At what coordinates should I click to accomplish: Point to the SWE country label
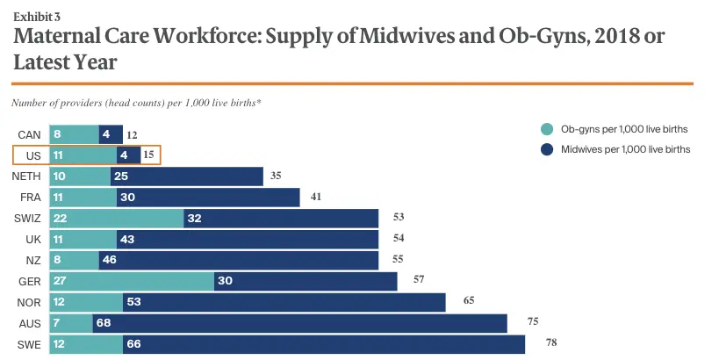(29, 344)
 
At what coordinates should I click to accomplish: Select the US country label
(33, 155)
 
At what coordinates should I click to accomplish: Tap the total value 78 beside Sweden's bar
(551, 342)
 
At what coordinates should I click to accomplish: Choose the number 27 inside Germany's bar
(62, 281)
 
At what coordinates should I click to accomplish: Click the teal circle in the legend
(546, 129)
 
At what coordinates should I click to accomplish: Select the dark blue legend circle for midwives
(546, 149)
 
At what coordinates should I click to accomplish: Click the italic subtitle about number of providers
(136, 103)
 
